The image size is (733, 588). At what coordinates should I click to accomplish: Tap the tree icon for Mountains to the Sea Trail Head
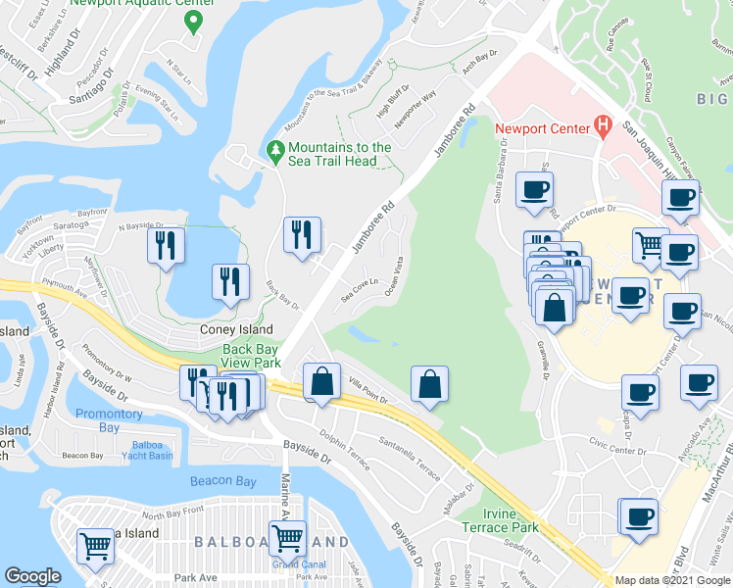[x=275, y=153]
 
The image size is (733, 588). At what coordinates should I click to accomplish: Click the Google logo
[x=32, y=576]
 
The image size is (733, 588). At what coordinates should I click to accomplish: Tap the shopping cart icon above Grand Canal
[x=287, y=540]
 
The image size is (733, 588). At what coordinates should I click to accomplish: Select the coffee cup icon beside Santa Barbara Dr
[x=534, y=190]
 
